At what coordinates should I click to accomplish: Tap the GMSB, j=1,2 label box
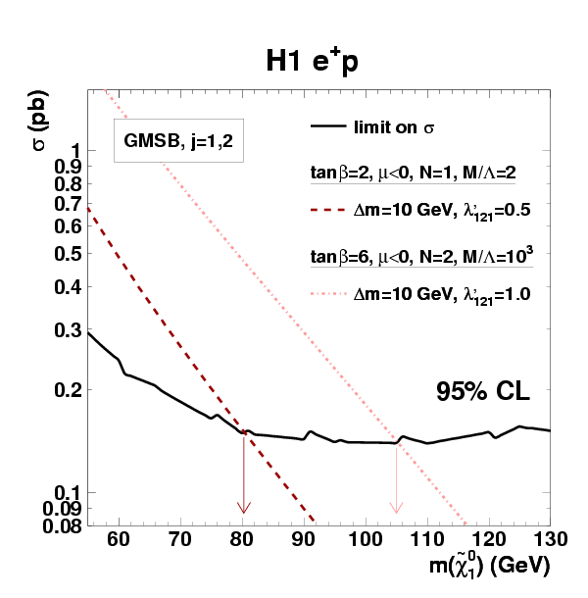177,142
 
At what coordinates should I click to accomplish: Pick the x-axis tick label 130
549,539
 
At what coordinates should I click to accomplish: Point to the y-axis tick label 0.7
69,204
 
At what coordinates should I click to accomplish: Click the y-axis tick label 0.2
69,390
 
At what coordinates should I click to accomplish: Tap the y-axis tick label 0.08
64,525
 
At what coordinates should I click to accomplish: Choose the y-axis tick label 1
75,150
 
